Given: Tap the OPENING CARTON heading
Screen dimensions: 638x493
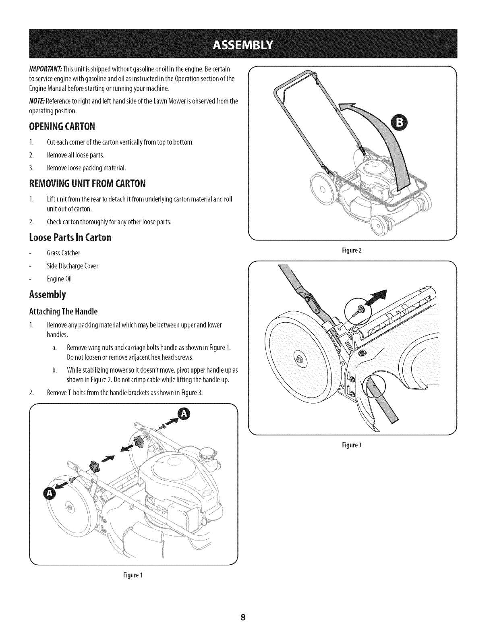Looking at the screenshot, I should coord(62,127).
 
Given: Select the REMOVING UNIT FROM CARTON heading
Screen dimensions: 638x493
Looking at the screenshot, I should coord(87,184).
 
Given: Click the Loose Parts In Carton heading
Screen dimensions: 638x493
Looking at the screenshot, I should coord(70,237).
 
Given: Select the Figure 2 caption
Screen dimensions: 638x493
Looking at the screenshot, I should coord(352,250).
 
